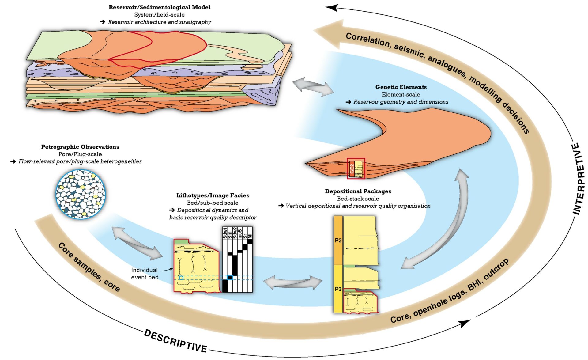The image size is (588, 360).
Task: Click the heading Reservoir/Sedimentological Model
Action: click(160, 7)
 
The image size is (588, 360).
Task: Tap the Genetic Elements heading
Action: click(401, 87)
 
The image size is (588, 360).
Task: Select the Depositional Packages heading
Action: click(358, 191)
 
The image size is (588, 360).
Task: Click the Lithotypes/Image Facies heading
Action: click(213, 195)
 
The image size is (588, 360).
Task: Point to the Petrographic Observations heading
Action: click(80, 147)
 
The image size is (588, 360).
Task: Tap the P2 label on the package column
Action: click(338, 241)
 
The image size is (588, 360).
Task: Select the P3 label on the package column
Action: click(338, 289)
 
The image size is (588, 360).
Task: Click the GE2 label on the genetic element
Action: click(352, 168)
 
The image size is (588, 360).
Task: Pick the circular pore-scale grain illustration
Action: click(81, 194)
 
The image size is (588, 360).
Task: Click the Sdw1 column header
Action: click(225, 233)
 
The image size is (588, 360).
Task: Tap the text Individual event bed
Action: click(145, 274)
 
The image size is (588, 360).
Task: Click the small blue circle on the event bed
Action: click(181, 278)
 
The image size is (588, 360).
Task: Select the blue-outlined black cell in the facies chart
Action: click(230, 278)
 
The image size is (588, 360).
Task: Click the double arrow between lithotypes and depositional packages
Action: click(292, 282)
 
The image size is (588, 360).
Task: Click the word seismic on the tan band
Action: click(409, 51)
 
